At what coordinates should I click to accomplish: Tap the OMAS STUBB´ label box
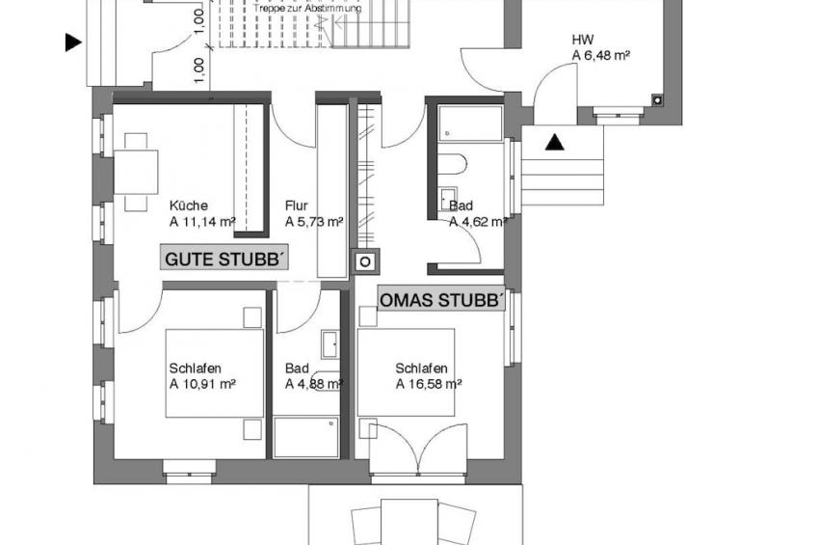441,299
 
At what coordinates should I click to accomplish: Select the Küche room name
189,205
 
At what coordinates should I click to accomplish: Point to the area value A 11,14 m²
202,222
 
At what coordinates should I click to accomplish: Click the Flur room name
297,205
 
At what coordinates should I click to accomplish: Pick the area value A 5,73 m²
314,222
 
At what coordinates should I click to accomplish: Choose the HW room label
583,40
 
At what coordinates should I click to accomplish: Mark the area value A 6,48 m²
602,56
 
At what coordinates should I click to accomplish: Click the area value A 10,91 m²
202,384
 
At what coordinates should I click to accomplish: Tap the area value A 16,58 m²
429,384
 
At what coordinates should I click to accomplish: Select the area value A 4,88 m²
314,384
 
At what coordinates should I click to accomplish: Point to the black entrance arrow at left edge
73,42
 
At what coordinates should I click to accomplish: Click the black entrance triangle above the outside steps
554,142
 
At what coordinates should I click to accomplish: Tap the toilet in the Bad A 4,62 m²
452,163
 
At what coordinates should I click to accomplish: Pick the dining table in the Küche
136,172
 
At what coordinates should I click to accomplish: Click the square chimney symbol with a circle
366,261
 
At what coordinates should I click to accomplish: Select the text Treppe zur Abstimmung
307,9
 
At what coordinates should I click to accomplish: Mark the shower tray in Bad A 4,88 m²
305,438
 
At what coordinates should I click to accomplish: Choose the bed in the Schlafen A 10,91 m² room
215,373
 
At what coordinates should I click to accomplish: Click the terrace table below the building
409,522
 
